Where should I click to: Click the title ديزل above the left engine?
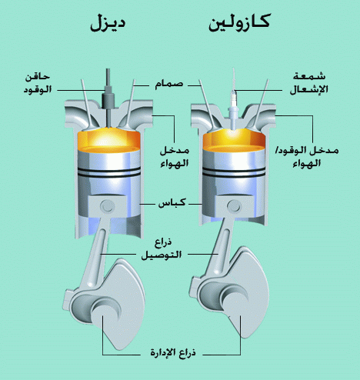(x=108, y=24)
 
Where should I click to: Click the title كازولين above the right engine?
(x=239, y=23)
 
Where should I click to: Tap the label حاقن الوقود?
(x=38, y=83)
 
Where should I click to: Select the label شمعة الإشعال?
(x=309, y=83)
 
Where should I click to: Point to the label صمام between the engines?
(x=169, y=85)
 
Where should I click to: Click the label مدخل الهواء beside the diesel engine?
(x=175, y=157)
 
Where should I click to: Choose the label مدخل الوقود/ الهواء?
(x=307, y=157)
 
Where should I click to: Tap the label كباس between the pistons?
(x=172, y=203)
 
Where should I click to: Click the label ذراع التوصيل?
(x=162, y=249)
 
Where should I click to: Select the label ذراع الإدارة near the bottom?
(x=173, y=352)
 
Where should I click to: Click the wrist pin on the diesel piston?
(x=107, y=205)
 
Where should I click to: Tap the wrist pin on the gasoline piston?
(x=234, y=205)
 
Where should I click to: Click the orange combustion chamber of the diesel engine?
(x=108, y=140)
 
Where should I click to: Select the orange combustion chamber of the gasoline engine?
(x=234, y=140)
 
